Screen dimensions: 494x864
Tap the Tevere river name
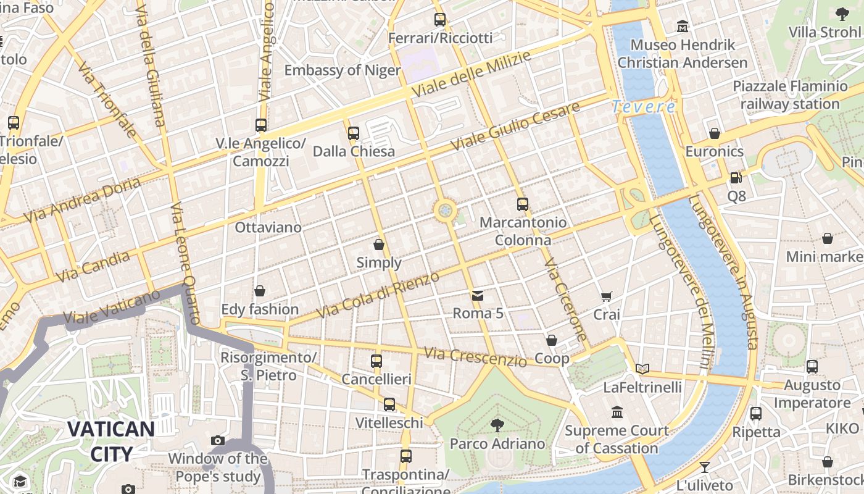tap(644, 107)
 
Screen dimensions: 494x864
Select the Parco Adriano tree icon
tap(497, 425)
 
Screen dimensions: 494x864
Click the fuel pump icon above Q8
tap(736, 178)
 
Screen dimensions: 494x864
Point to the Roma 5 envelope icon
tap(478, 296)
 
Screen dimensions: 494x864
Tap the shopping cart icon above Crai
tap(606, 297)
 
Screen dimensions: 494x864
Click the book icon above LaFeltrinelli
tap(642, 369)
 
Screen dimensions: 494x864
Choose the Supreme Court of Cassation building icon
tap(617, 412)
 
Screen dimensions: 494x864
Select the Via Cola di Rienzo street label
tap(378, 295)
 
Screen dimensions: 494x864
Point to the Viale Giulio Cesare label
tap(515, 127)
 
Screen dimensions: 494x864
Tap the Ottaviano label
tap(268, 227)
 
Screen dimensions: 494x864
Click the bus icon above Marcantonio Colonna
tap(523, 204)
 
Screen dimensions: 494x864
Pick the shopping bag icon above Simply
tap(379, 245)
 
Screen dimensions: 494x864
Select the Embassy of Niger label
tap(342, 70)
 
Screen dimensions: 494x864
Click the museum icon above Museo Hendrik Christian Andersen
tap(683, 27)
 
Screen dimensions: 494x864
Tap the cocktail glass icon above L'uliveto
tap(704, 467)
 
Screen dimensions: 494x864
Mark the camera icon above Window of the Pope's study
tap(217, 440)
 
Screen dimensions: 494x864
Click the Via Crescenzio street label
tap(475, 357)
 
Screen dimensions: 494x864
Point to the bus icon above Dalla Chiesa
tap(354, 133)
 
